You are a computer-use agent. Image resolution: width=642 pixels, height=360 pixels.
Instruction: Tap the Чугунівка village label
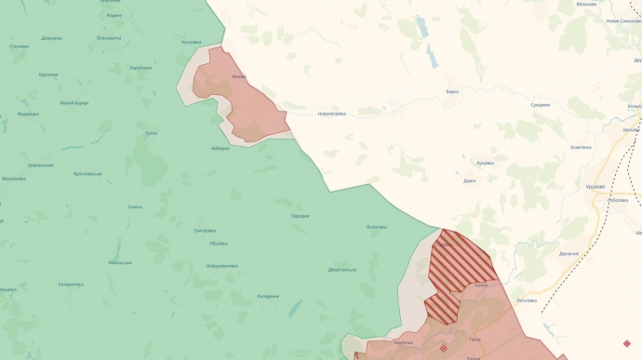192,42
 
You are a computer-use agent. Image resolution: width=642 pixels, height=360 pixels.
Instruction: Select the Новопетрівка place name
331,113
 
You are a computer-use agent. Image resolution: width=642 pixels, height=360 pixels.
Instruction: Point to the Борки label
452,91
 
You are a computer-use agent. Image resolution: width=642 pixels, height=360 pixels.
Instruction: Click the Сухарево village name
541,105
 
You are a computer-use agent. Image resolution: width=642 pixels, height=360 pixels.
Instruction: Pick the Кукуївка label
485,163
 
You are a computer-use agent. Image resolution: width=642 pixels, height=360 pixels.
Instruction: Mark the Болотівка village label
377,227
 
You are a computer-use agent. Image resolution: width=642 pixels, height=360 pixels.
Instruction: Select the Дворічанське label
342,270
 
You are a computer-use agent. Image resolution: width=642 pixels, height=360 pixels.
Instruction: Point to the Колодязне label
268,297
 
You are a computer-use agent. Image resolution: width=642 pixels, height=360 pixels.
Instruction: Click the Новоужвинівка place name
221,266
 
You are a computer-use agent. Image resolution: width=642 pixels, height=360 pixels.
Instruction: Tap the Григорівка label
205,231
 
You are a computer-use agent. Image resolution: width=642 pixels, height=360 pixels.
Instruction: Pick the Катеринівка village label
72,285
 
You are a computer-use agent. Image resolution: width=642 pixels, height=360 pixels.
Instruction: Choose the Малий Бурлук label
74,102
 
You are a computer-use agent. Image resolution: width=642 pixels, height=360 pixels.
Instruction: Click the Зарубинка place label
140,68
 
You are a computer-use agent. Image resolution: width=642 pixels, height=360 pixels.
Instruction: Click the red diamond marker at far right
626,343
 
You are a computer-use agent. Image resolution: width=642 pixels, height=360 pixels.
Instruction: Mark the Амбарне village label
220,148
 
